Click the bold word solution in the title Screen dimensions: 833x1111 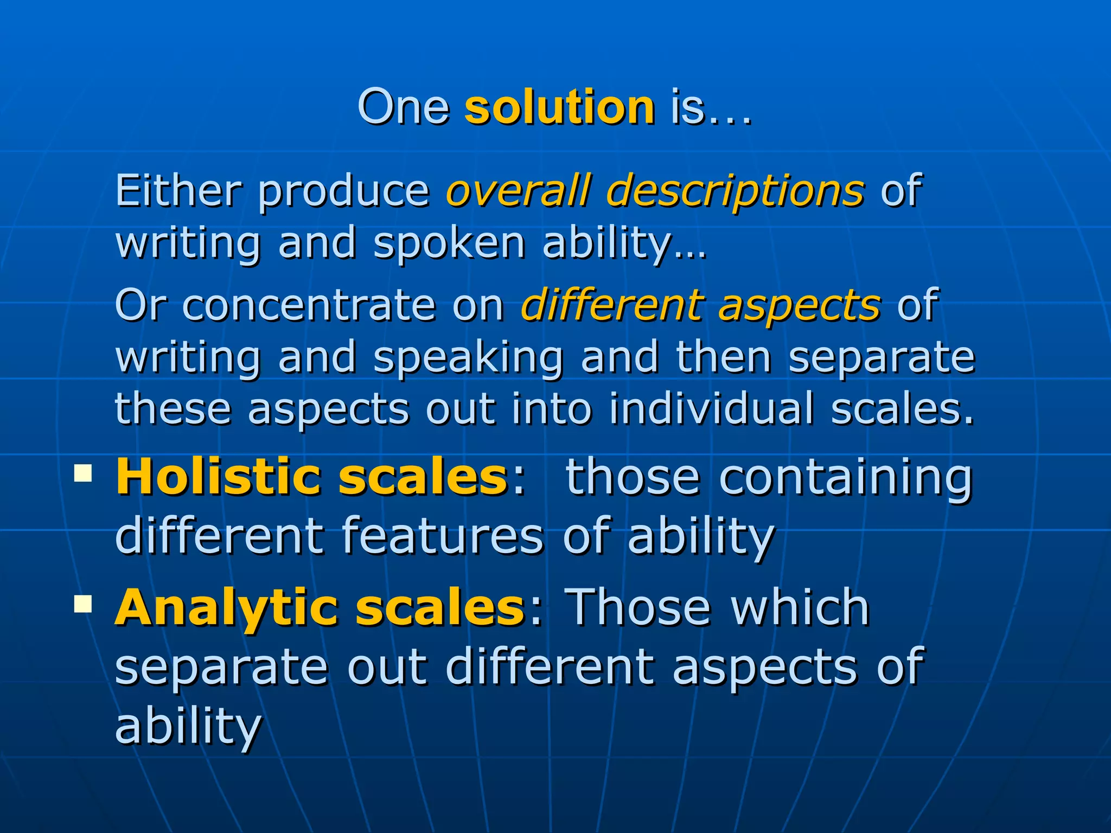(559, 107)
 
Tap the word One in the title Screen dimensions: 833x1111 (404, 107)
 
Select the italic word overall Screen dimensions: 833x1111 (518, 190)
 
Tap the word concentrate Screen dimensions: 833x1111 (309, 305)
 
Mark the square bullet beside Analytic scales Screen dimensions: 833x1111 (83, 603)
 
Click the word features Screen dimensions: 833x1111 (442, 536)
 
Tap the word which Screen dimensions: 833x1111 (801, 607)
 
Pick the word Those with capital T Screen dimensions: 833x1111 (637, 607)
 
